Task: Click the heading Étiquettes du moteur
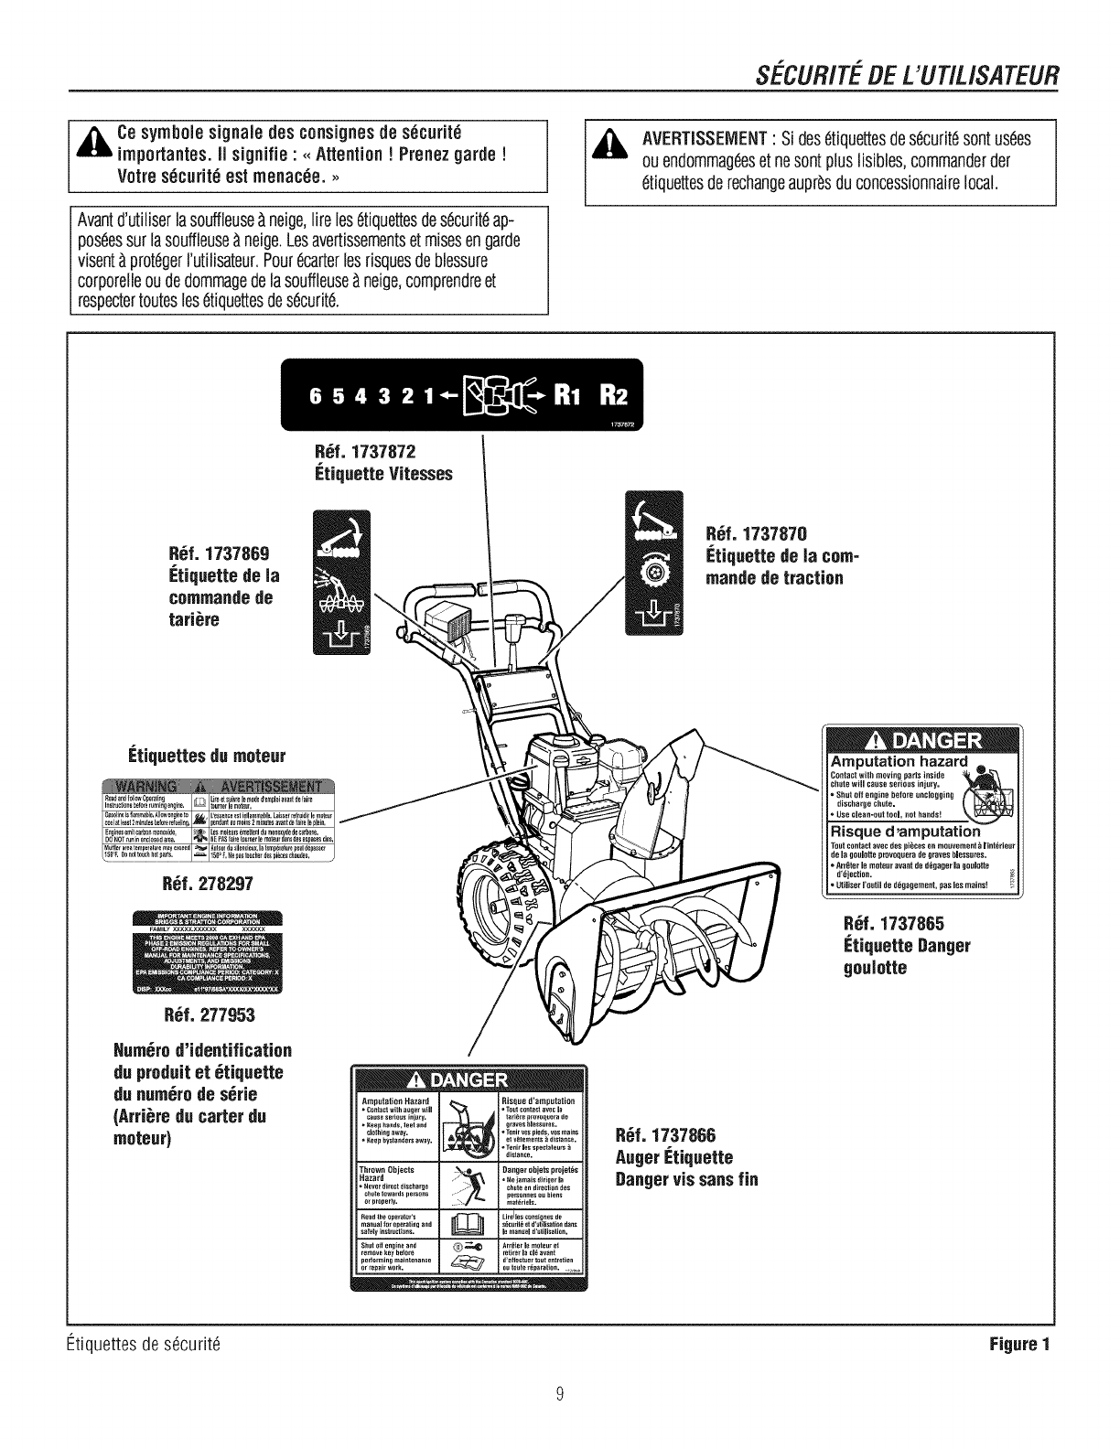(x=207, y=756)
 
